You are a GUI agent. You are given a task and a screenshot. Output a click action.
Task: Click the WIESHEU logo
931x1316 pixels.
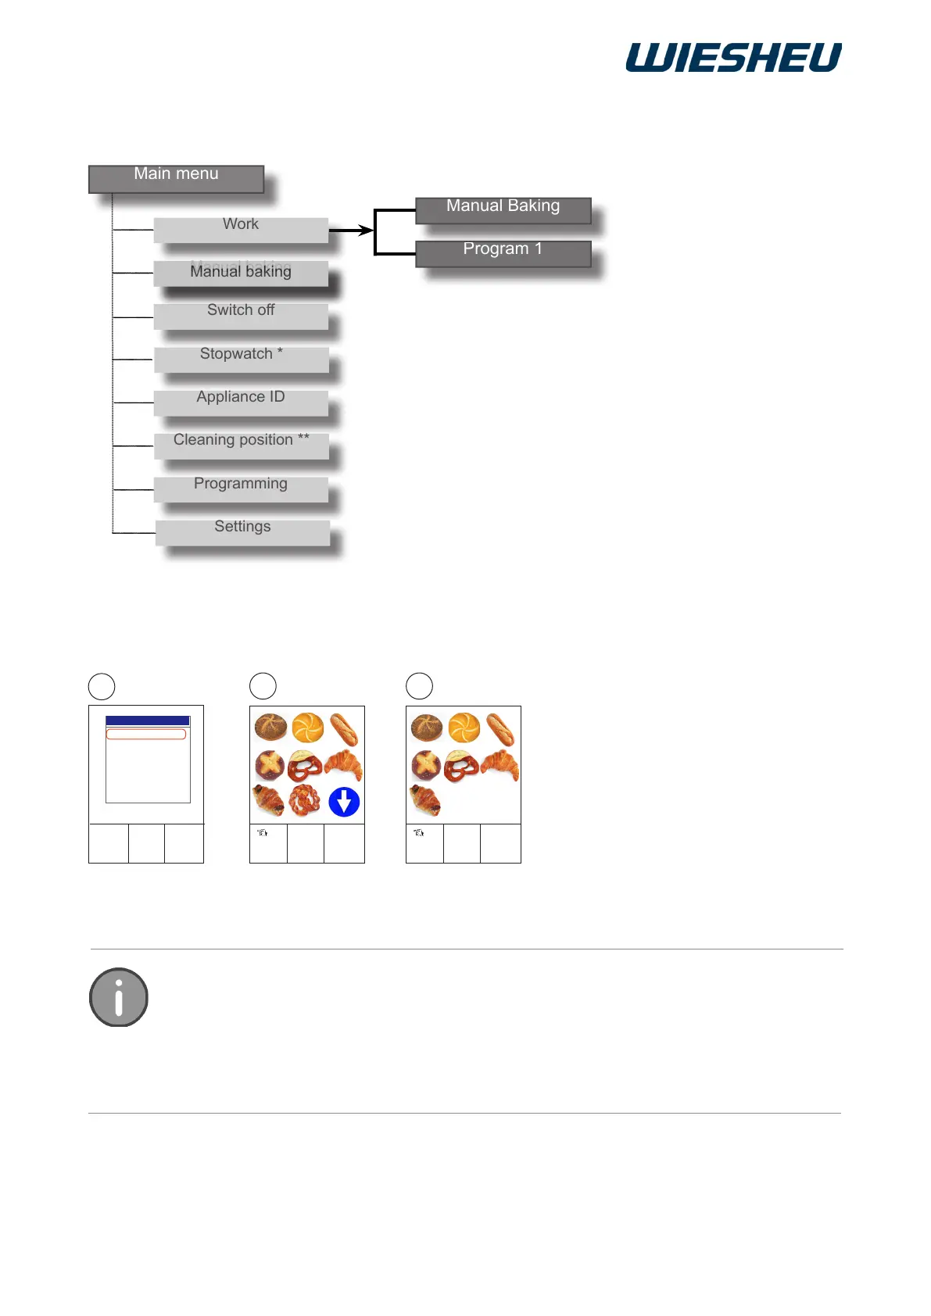click(733, 58)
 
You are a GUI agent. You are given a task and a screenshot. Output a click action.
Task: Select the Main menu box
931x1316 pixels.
click(176, 178)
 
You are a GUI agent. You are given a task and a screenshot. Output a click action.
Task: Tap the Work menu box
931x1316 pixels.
click(241, 229)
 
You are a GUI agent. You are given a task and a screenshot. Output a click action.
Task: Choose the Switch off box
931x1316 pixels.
click(241, 315)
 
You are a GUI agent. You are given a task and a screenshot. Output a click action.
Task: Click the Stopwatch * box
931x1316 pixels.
click(241, 359)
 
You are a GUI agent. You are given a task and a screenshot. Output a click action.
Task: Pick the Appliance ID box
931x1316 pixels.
click(241, 402)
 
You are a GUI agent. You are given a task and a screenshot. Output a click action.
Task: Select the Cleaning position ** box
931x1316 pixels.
click(241, 445)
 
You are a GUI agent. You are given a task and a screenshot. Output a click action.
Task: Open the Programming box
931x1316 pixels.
click(241, 488)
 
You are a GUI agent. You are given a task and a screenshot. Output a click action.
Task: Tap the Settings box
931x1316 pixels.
click(242, 531)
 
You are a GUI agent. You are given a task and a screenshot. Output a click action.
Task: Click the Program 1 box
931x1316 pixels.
click(503, 253)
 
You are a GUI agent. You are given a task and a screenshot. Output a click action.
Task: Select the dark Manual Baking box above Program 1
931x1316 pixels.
click(503, 210)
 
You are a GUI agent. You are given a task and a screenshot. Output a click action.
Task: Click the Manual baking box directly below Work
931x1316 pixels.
click(241, 272)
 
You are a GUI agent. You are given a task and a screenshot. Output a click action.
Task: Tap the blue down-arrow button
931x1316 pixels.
click(344, 802)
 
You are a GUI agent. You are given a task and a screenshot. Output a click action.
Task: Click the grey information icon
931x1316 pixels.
click(119, 997)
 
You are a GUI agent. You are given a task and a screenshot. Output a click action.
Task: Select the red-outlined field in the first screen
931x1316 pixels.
click(146, 735)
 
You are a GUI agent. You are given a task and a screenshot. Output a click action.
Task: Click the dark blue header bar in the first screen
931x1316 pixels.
click(148, 721)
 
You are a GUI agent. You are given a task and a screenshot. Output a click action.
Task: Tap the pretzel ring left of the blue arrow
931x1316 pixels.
click(305, 800)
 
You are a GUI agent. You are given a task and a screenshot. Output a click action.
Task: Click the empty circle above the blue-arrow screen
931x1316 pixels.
click(263, 686)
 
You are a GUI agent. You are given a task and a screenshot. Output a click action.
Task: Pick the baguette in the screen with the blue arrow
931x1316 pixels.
click(344, 728)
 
